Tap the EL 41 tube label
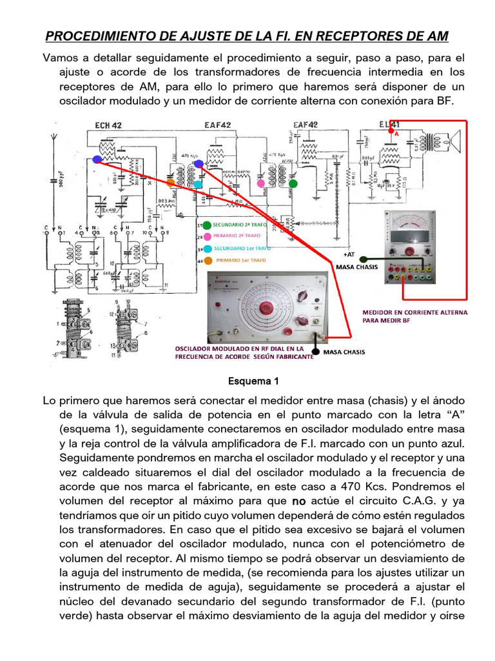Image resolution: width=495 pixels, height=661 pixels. point(390,124)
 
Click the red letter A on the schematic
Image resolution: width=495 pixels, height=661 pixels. point(397,135)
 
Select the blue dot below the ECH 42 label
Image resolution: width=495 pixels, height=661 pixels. point(97,159)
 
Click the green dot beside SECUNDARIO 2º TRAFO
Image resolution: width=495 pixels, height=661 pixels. point(206,226)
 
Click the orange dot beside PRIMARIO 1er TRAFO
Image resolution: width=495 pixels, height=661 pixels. point(206,260)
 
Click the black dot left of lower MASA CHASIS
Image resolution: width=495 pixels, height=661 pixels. point(315,352)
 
